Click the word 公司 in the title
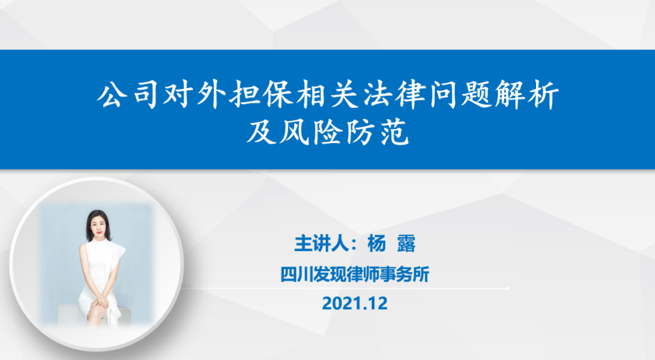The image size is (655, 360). point(128,95)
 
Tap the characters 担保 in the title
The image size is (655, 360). point(261,95)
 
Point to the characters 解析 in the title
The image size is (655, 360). point(527,95)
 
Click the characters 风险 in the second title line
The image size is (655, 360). point(311,132)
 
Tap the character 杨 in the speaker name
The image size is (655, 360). point(377,244)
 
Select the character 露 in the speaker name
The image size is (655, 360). point(406,244)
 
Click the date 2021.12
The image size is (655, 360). point(355,303)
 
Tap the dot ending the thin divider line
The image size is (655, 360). point(508,288)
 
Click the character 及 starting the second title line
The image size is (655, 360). point(261,132)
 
